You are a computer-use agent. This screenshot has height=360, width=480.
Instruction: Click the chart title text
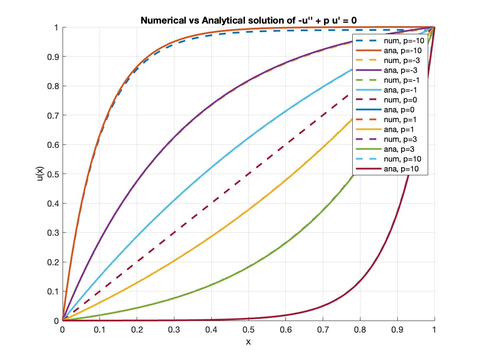point(248,20)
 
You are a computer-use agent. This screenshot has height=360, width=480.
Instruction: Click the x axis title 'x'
point(248,342)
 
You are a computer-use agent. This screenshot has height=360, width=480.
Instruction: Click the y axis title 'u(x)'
point(39,174)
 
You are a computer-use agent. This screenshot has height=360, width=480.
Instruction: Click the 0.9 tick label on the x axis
point(397,330)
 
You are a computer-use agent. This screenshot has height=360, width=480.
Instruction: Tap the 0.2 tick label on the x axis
point(137,330)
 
